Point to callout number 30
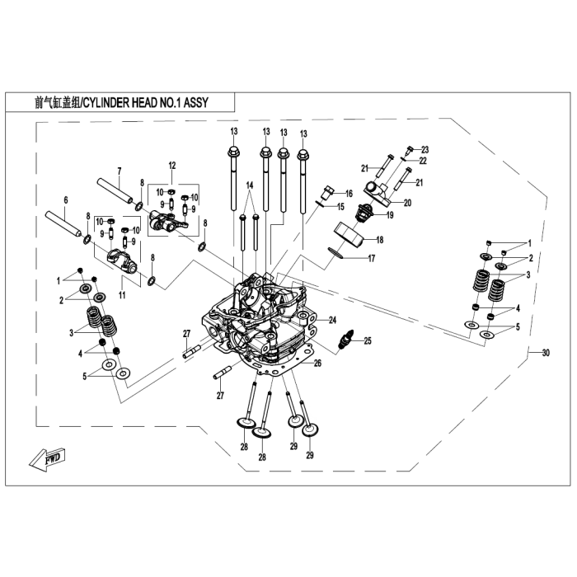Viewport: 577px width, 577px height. pyautogui.click(x=545, y=354)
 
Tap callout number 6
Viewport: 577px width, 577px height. pyautogui.click(x=66, y=200)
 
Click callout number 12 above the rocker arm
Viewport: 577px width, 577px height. pyautogui.click(x=173, y=165)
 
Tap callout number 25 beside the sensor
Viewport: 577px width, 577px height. pyautogui.click(x=368, y=340)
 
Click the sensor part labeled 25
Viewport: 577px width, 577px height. pyautogui.click(x=349, y=339)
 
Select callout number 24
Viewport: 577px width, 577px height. pyautogui.click(x=333, y=320)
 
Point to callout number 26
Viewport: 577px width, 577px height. pyautogui.click(x=317, y=363)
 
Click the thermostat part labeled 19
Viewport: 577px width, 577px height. pyautogui.click(x=362, y=216)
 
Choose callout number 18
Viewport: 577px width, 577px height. pyautogui.click(x=380, y=240)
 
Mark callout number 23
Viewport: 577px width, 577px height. pyautogui.click(x=425, y=149)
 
